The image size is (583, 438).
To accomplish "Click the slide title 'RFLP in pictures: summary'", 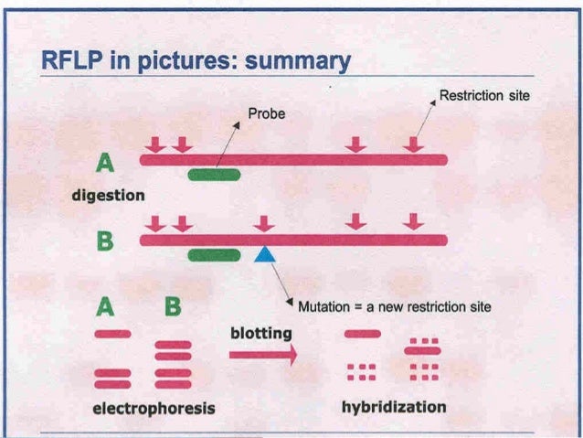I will (x=196, y=61).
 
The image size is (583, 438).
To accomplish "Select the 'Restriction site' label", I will (x=484, y=95).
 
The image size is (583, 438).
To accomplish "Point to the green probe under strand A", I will (x=214, y=174).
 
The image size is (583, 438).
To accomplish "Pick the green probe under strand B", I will (x=214, y=255).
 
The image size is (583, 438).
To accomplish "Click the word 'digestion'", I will (x=109, y=195).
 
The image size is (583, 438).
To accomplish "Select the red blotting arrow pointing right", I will (x=263, y=356).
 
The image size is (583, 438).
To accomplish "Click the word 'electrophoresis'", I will (x=154, y=407).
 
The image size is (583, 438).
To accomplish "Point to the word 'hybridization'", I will (x=394, y=406).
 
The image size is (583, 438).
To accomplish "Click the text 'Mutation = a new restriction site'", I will (x=395, y=307).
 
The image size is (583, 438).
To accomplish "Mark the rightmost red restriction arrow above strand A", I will (x=414, y=144).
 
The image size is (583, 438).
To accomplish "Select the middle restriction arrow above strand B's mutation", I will (x=264, y=224).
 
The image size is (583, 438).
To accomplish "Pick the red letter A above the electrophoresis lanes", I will (x=111, y=307).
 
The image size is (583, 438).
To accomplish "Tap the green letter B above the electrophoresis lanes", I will (x=171, y=307).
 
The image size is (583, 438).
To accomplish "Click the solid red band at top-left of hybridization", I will (x=362, y=334).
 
